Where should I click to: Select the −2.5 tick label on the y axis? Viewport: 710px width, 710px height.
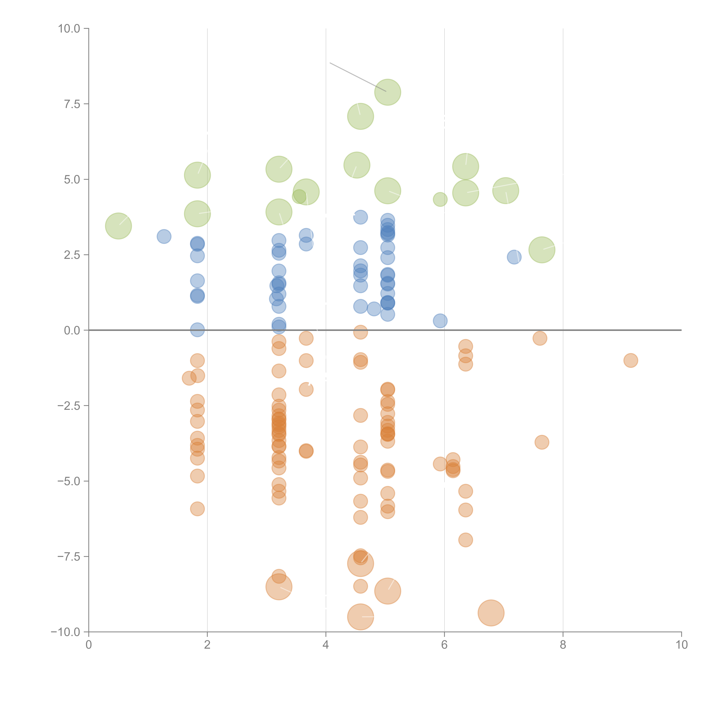69,406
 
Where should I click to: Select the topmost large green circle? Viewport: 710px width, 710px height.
388,92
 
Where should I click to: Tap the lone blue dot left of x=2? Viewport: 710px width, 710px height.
164,236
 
